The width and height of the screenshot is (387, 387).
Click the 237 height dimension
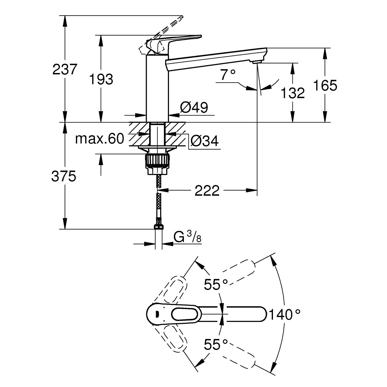click(x=65, y=69)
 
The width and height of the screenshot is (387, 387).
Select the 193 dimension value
click(x=101, y=79)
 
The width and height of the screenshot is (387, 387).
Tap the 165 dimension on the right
click(x=325, y=85)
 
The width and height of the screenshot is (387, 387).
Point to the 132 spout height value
click(x=293, y=93)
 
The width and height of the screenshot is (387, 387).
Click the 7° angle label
click(x=228, y=75)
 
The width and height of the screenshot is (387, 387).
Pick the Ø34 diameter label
click(x=204, y=141)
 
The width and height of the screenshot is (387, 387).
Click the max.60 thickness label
click(x=100, y=139)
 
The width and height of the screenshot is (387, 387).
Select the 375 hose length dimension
click(x=64, y=176)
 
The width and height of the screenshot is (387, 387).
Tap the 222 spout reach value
click(x=207, y=191)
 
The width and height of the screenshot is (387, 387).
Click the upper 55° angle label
click(x=216, y=285)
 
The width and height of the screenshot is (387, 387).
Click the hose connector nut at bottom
click(x=158, y=227)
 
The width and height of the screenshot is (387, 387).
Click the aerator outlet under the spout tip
click(x=257, y=62)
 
